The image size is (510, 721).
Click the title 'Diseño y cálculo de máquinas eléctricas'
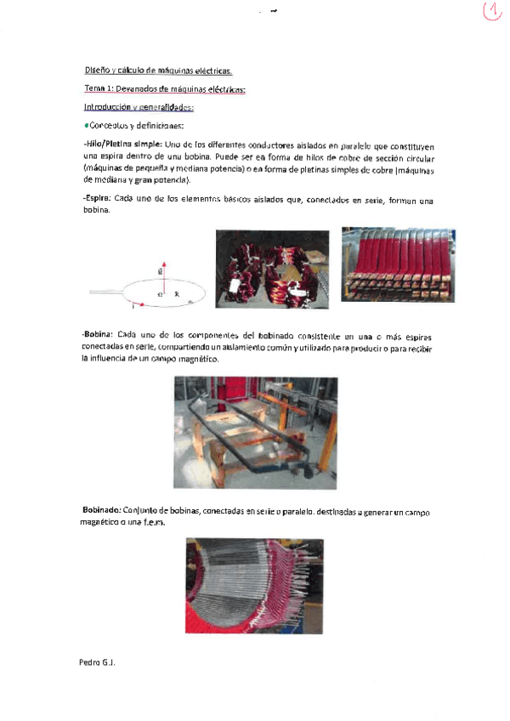158,70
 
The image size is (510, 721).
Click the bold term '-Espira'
100,201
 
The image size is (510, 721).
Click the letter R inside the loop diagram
176,293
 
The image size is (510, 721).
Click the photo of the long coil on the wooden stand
255,431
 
